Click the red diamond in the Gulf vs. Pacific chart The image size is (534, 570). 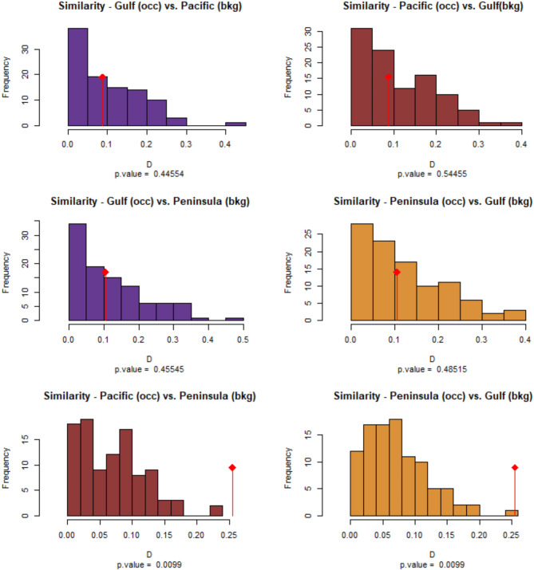pos(102,77)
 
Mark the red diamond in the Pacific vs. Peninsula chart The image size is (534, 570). pos(232,467)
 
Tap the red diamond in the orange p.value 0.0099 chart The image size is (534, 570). pos(515,468)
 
